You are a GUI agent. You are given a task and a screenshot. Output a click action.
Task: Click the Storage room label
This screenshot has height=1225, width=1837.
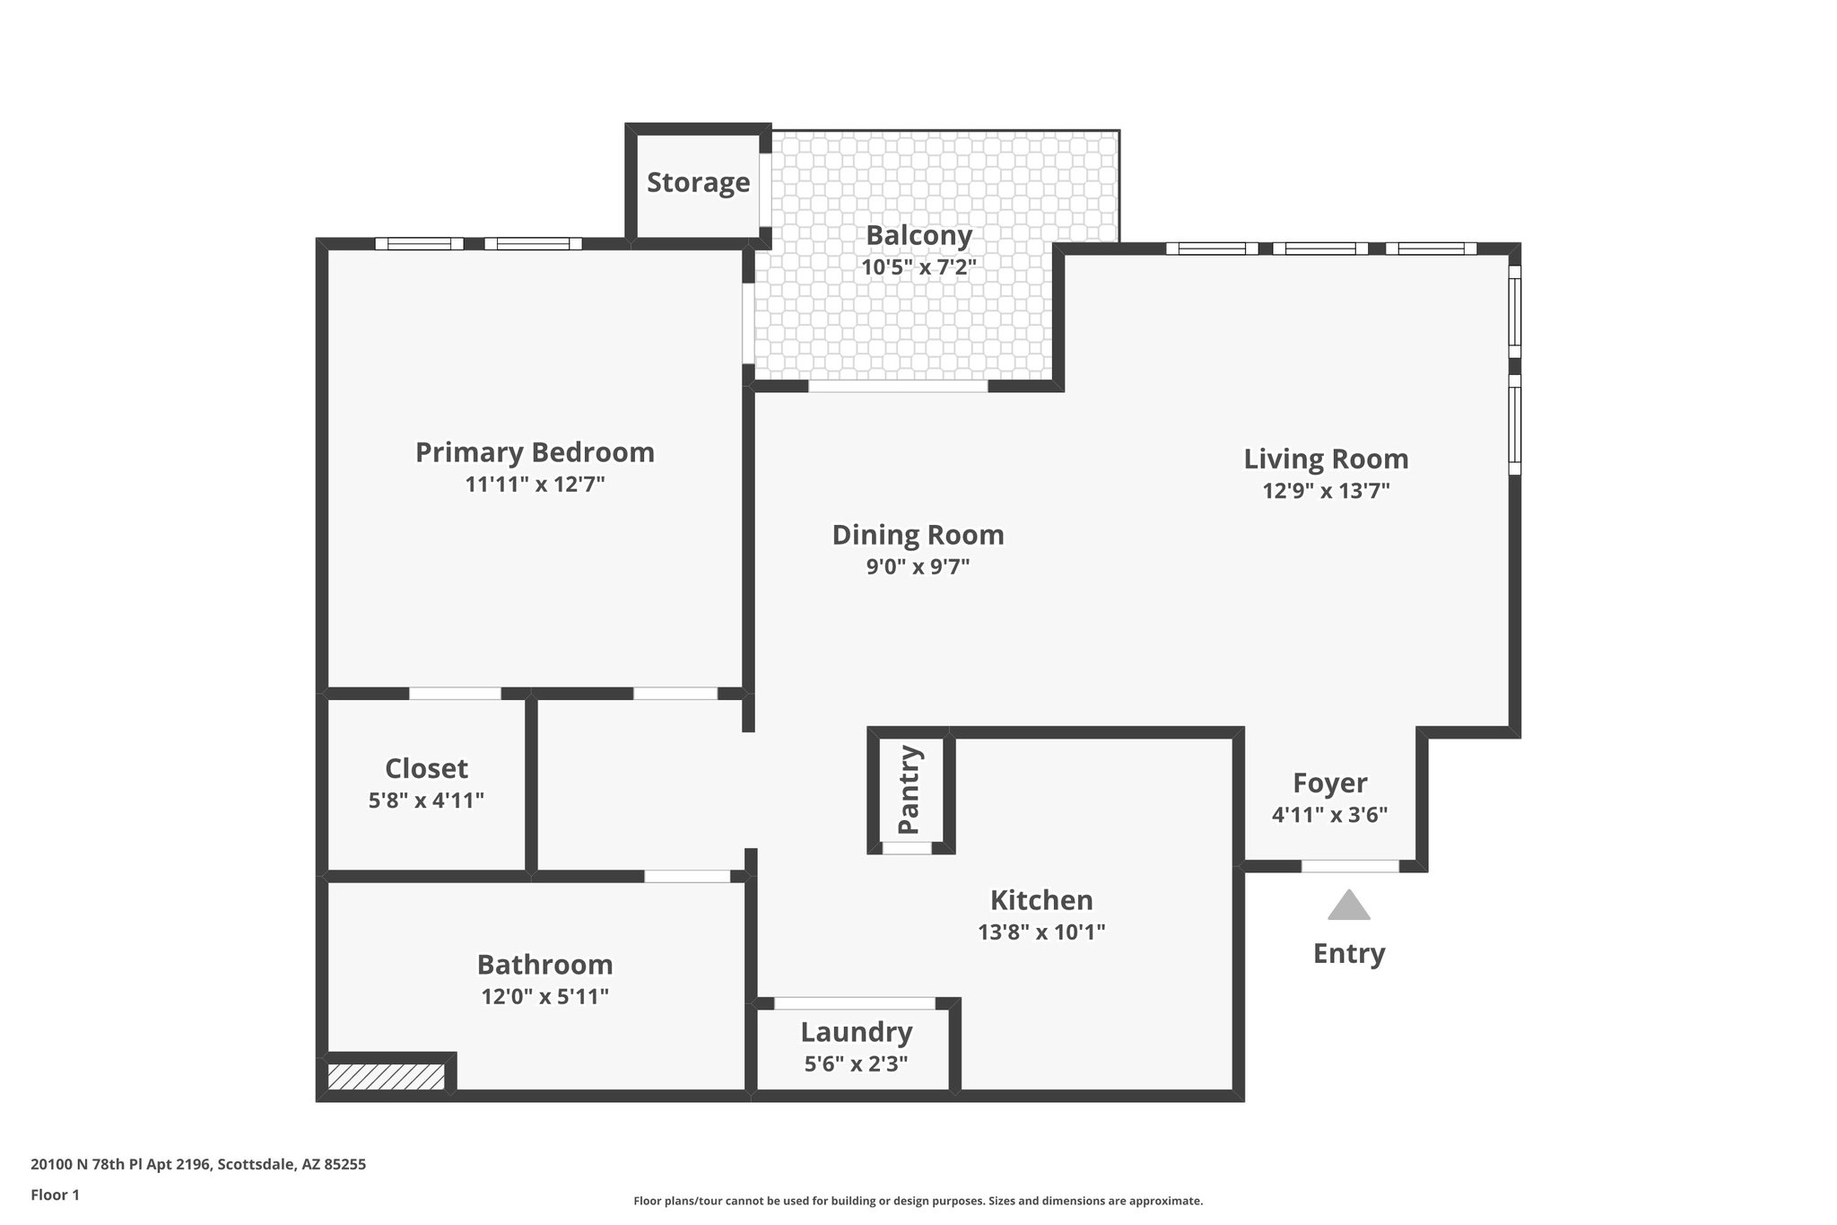698,182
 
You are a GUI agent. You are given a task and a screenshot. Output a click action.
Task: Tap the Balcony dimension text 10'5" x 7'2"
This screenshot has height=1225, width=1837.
918,267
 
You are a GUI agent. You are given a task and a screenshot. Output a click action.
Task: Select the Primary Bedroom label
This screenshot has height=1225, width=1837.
535,451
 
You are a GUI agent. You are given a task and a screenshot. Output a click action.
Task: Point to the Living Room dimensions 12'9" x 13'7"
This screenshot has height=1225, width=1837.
1326,491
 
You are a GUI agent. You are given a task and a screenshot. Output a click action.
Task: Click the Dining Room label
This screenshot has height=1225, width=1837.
918,535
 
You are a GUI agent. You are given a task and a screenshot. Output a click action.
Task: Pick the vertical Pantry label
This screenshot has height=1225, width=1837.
910,790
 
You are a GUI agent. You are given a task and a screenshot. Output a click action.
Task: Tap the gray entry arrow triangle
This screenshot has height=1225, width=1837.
1348,906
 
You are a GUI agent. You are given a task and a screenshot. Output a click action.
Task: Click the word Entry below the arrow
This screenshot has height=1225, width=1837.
1348,953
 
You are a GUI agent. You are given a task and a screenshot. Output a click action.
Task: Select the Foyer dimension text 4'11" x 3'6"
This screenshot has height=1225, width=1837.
1329,815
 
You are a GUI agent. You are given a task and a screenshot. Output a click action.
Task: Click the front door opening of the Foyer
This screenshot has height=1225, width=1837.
1350,866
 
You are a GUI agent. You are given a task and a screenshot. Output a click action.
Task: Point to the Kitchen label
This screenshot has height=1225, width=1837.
1040,900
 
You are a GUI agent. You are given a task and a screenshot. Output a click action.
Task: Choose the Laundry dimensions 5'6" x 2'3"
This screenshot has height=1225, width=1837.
856,1064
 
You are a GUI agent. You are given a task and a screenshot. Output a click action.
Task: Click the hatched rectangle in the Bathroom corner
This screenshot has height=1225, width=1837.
386,1077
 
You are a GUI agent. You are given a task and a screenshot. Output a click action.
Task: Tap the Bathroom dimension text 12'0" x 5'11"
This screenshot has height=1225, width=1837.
544,996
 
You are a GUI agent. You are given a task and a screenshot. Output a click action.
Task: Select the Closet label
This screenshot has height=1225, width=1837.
426,769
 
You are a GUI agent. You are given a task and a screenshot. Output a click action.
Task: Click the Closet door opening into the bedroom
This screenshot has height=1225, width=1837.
455,693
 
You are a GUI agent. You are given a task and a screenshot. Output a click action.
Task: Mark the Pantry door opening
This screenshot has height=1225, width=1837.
907,847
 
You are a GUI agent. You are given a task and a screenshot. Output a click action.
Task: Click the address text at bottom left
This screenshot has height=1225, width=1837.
198,1165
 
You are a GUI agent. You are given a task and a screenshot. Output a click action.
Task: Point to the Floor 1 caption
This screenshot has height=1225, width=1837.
55,1195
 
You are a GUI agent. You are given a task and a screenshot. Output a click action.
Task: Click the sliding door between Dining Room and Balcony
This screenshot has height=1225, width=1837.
898,387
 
